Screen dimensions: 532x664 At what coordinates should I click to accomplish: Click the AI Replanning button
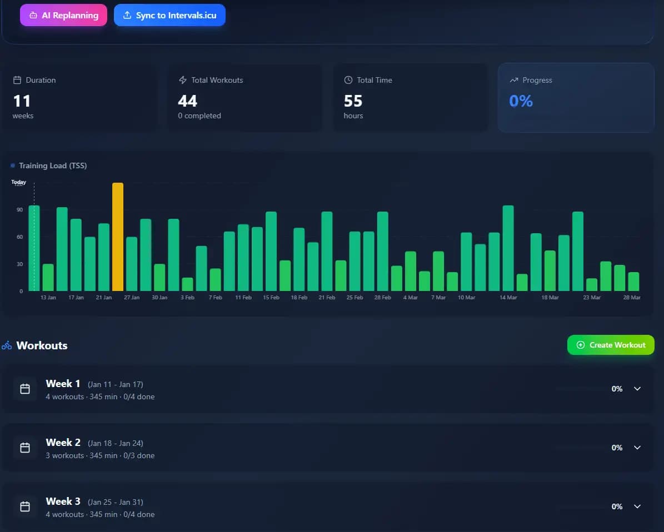coord(63,16)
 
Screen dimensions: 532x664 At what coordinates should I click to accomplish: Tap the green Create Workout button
coord(611,345)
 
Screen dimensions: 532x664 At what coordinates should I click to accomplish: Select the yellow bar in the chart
coord(118,237)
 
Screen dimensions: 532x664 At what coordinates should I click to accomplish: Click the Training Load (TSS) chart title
coord(53,165)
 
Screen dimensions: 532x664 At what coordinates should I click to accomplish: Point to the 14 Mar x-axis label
coord(508,298)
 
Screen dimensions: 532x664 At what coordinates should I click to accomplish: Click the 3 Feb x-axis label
coord(187,298)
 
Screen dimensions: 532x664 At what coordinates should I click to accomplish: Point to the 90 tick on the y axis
coord(19,210)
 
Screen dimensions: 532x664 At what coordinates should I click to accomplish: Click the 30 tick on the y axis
coord(19,264)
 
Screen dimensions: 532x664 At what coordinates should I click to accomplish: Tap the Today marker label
coord(19,182)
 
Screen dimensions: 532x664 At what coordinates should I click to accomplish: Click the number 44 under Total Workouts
coord(188,101)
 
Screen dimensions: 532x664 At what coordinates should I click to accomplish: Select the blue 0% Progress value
coord(521,101)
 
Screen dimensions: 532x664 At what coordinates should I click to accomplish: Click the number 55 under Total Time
coord(353,101)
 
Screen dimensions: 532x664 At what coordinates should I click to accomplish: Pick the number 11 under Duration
coord(22,101)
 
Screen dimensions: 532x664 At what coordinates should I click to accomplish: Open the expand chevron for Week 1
coord(637,389)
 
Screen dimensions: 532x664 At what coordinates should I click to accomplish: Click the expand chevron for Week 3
coord(637,506)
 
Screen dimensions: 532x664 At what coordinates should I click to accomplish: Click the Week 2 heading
coord(63,443)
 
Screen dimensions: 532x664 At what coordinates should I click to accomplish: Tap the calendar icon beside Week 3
coord(25,506)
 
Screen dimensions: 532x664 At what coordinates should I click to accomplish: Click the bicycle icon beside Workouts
coord(7,345)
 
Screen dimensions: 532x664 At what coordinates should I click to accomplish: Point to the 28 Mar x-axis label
coord(632,298)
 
